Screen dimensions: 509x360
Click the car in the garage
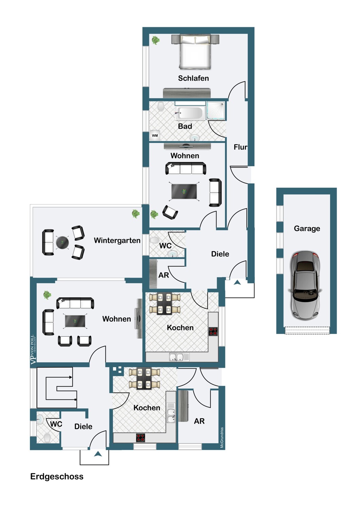pyautogui.click(x=305, y=285)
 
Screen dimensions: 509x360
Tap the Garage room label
pyautogui.click(x=307, y=229)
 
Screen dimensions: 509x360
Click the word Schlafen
pyautogui.click(x=193, y=78)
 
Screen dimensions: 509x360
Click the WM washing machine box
pyautogui.click(x=155, y=135)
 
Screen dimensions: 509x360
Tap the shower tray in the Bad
pyautogui.click(x=216, y=111)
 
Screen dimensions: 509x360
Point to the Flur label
pyautogui.click(x=240, y=147)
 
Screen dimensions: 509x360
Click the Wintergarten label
pyautogui.click(x=117, y=241)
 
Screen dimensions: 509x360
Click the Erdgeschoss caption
pyautogui.click(x=57, y=476)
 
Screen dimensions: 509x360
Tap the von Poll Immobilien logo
pyautogui.click(x=33, y=350)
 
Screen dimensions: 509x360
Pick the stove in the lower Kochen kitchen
pyautogui.click(x=141, y=438)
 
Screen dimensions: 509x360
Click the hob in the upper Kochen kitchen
pyautogui.click(x=213, y=331)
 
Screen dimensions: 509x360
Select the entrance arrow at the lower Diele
pyautogui.click(x=98, y=454)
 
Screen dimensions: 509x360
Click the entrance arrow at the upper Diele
pyautogui.click(x=237, y=282)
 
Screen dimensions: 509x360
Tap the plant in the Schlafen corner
pyautogui.click(x=156, y=40)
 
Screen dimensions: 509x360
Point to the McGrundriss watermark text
pyautogui.click(x=222, y=438)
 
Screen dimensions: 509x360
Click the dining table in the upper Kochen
pyautogui.click(x=165, y=303)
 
